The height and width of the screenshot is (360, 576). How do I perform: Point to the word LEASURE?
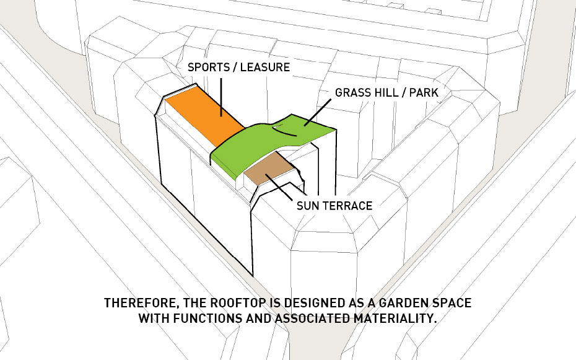coord(265,67)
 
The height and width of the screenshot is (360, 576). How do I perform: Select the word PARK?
coord(424,92)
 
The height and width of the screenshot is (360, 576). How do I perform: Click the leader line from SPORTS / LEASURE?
coord(221,97)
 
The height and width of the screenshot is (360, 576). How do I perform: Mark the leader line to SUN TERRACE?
coord(279,187)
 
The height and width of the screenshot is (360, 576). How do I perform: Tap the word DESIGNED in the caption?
coord(315,303)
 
